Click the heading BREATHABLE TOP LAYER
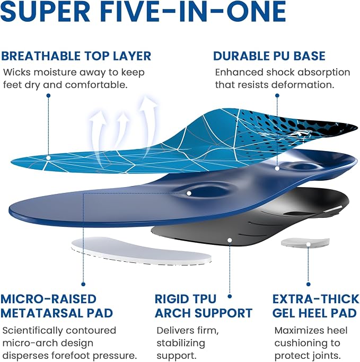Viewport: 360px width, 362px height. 76,56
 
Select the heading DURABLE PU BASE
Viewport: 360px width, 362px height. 269,56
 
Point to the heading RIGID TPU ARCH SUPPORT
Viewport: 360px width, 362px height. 204,306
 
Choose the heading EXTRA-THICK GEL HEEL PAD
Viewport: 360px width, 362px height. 315,306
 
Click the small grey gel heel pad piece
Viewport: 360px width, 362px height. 305,243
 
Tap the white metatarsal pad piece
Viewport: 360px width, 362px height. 142,251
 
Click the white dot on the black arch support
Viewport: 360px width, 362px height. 230,240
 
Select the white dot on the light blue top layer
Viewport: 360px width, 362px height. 48,158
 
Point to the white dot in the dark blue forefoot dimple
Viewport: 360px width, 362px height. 189,193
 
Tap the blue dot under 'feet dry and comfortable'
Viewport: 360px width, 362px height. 48,95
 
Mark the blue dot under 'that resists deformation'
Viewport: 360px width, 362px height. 277,95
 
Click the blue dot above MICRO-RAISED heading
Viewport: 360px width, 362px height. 83,284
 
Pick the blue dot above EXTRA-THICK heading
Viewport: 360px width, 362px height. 308,284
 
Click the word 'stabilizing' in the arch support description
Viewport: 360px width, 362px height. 181,343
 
